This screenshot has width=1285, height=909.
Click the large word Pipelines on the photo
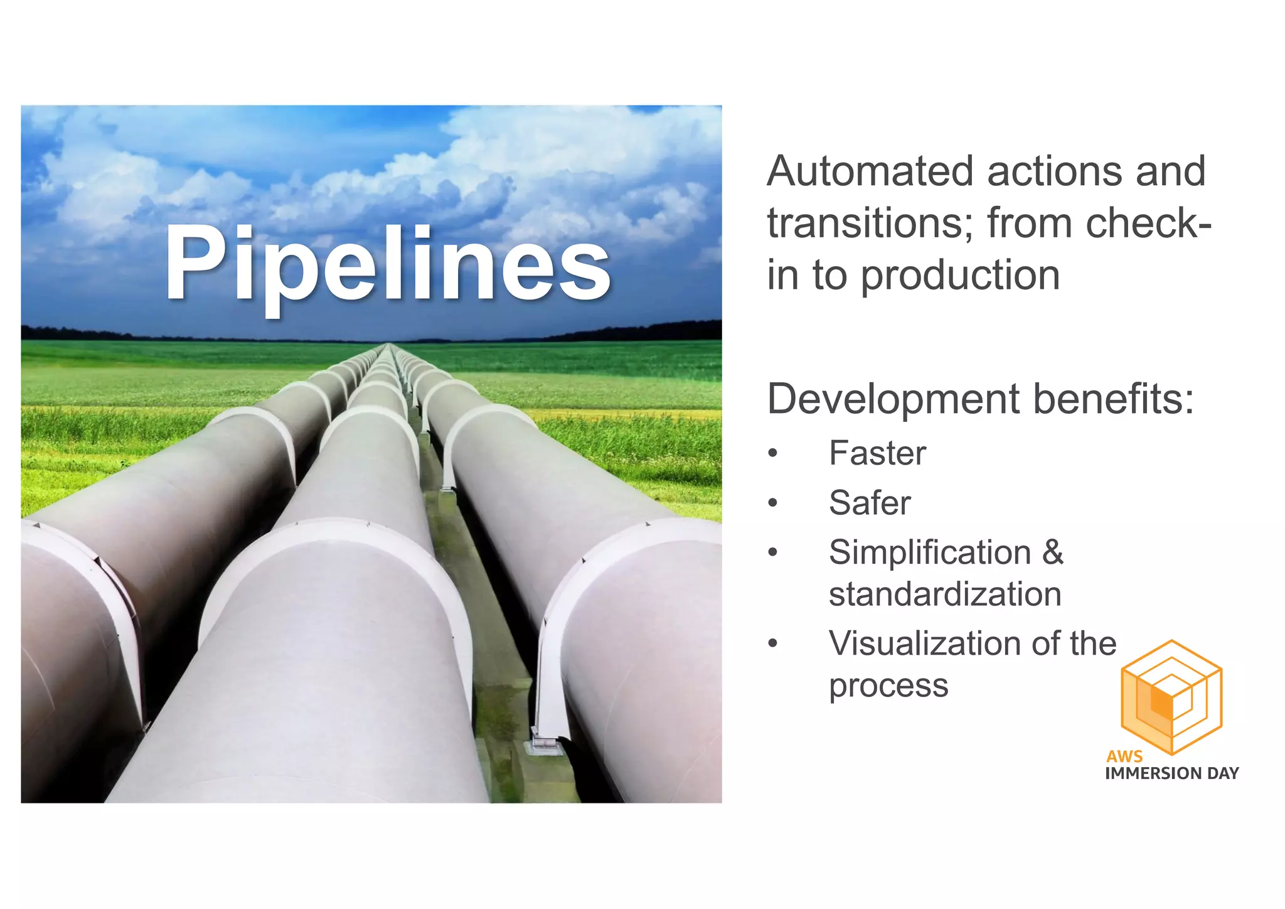pyautogui.click(x=387, y=264)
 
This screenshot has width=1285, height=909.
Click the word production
pyautogui.click(x=960, y=276)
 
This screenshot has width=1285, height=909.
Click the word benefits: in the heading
pyautogui.click(x=1114, y=399)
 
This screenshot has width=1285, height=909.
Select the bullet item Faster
pyautogui.click(x=877, y=453)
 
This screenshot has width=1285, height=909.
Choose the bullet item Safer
pyautogui.click(x=870, y=503)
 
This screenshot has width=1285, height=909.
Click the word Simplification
pyautogui.click(x=930, y=553)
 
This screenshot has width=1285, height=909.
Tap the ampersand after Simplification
pyautogui.click(x=1053, y=553)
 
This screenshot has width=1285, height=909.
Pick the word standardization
pyautogui.click(x=945, y=594)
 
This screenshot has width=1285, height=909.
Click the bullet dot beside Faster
pyautogui.click(x=773, y=453)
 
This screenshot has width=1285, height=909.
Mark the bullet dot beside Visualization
pyautogui.click(x=773, y=643)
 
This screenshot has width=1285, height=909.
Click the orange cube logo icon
pyautogui.click(x=1171, y=697)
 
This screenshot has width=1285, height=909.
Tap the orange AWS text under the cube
pyautogui.click(x=1124, y=756)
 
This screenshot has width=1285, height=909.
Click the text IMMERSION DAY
pyautogui.click(x=1171, y=773)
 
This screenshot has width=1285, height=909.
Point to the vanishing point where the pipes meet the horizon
pyautogui.click(x=389, y=344)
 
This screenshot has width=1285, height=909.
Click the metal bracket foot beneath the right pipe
pyautogui.click(x=544, y=743)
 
